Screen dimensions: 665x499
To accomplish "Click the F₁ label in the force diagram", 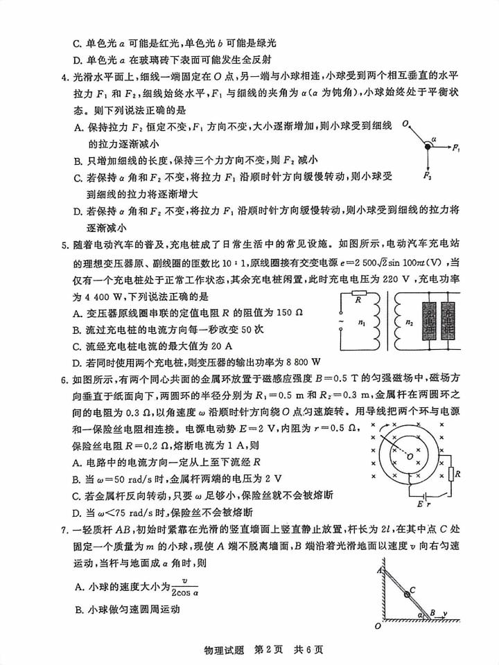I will [x=457, y=148].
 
